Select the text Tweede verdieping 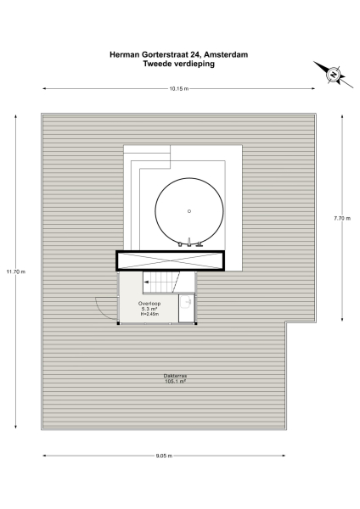[179, 64]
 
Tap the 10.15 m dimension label [178, 88]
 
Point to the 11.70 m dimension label [15, 271]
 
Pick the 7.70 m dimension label [341, 218]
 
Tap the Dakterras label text [176, 376]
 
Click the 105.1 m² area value [176, 382]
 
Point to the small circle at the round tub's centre [189, 211]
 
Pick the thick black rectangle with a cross [170, 261]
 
